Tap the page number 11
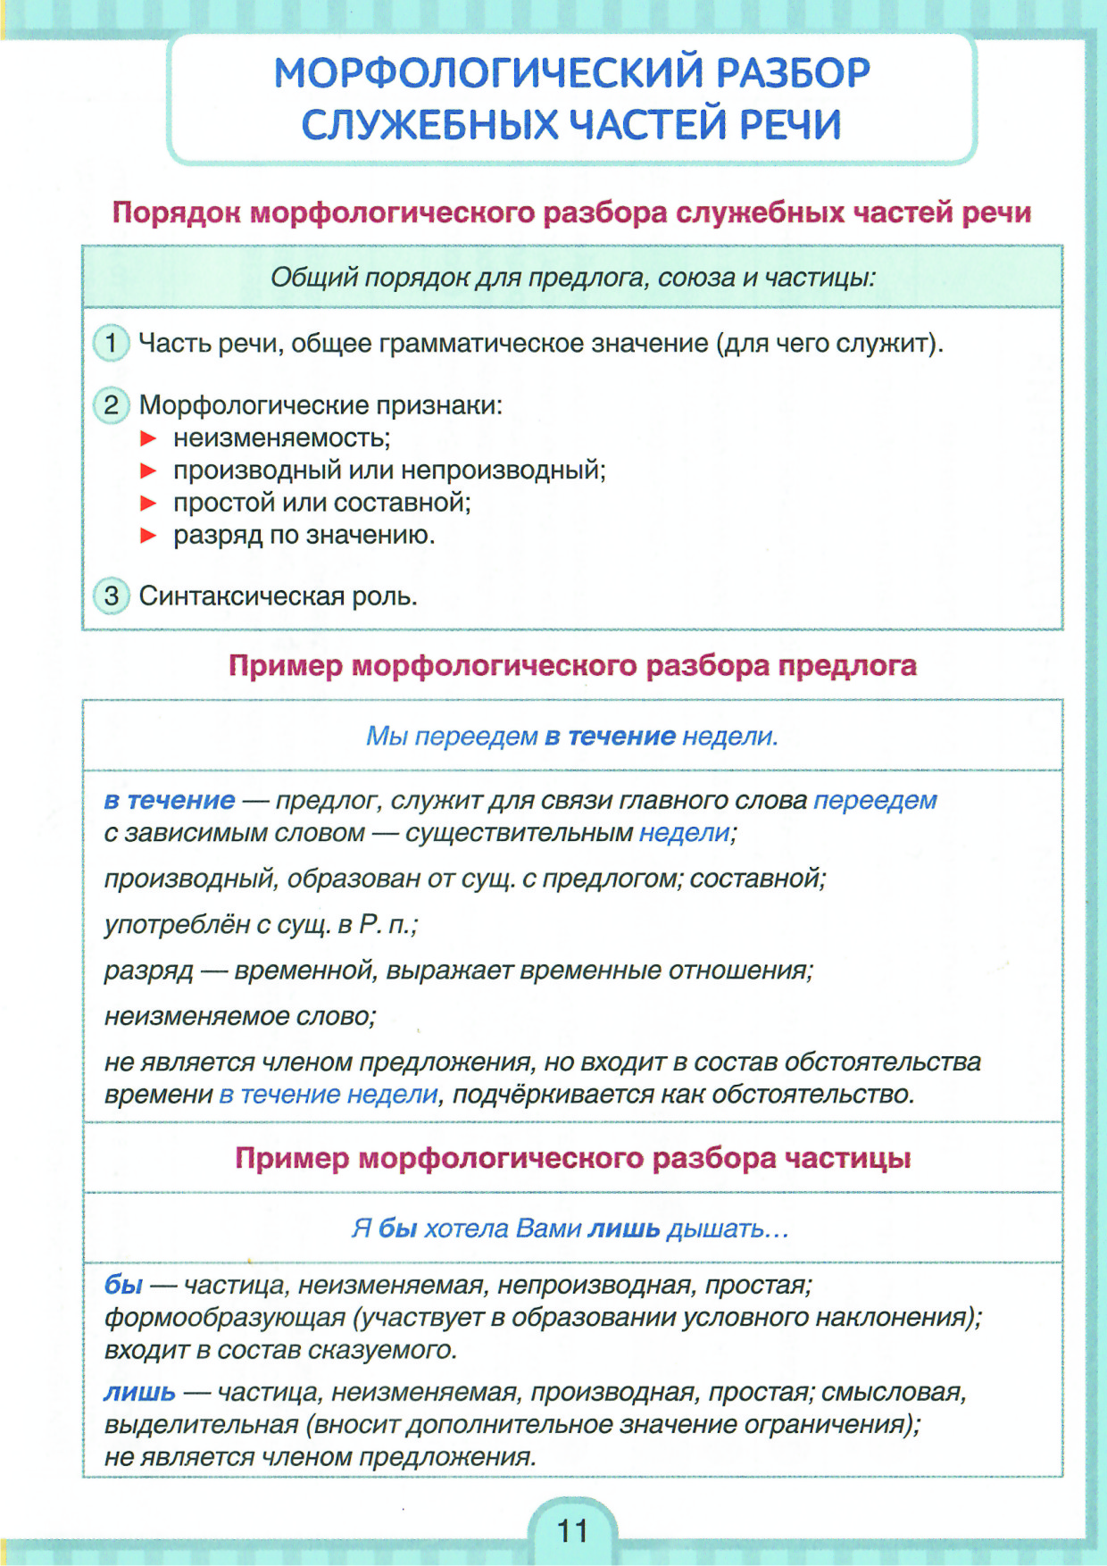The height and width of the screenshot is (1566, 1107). pos(572,1531)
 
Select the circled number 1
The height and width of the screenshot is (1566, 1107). pos(111,343)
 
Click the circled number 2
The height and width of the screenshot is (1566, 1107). pos(111,405)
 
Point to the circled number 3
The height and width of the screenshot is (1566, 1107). pos(111,596)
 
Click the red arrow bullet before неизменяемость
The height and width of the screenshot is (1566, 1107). pos(149,438)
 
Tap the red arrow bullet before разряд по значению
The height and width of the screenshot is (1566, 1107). pos(149,536)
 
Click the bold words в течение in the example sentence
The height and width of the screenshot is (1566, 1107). pos(610,737)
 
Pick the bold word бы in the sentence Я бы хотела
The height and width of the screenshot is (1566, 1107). pos(397,1229)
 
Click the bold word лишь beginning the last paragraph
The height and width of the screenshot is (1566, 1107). pos(139,1392)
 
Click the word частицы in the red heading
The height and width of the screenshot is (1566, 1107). pos(847,1158)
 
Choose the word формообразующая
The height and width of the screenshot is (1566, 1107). pos(224,1318)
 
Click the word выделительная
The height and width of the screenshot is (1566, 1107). pos(201,1425)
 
